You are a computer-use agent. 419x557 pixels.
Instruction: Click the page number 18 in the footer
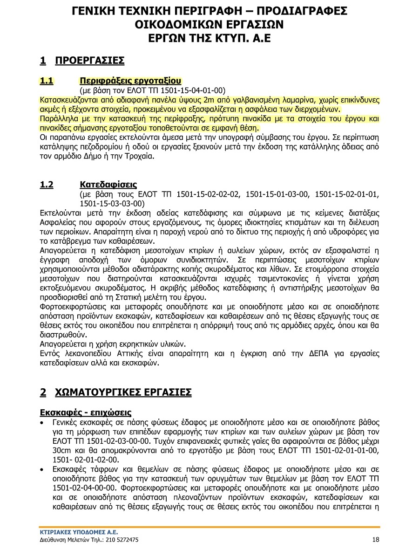tap(376, 540)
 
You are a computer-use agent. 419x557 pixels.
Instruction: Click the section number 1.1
tap(47, 81)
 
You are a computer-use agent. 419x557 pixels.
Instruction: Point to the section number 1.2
tap(47, 185)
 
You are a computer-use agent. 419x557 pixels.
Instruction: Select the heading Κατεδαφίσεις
tap(108, 185)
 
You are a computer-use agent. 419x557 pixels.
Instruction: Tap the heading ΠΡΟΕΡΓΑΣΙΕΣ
tap(90, 60)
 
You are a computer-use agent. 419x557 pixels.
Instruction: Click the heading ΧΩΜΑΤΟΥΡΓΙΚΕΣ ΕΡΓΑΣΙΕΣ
tap(123, 392)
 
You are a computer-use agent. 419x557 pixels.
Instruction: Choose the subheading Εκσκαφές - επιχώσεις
tap(85, 413)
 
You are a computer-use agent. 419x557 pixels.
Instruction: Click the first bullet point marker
tap(42, 423)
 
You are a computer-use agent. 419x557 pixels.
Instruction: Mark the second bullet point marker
tap(42, 469)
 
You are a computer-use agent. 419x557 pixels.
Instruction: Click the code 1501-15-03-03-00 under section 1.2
tap(110, 204)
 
